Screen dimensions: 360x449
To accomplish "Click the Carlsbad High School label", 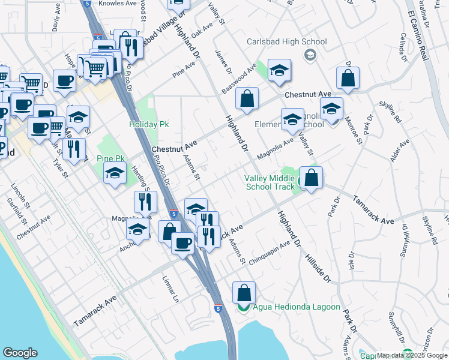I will coord(287,42).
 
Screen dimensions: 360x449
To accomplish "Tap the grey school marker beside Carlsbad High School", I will coord(310,56).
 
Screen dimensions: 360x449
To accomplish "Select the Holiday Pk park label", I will coord(149,125).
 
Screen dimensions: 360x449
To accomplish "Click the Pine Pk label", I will coord(110,159).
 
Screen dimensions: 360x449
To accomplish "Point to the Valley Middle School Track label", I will coord(270,182).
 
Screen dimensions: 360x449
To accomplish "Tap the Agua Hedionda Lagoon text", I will coord(296,307).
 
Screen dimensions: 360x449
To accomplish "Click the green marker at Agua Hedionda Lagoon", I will coord(244,308).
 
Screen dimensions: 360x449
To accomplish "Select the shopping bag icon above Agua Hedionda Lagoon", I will coord(244,293).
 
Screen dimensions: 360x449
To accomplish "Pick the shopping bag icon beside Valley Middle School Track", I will coord(311,178).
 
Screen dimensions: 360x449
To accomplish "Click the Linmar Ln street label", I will coord(171,289).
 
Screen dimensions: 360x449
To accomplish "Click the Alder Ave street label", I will coord(399,151).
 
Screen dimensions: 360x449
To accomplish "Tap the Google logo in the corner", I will coord(20,353).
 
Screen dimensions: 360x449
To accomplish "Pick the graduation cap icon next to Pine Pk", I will coord(113,174).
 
